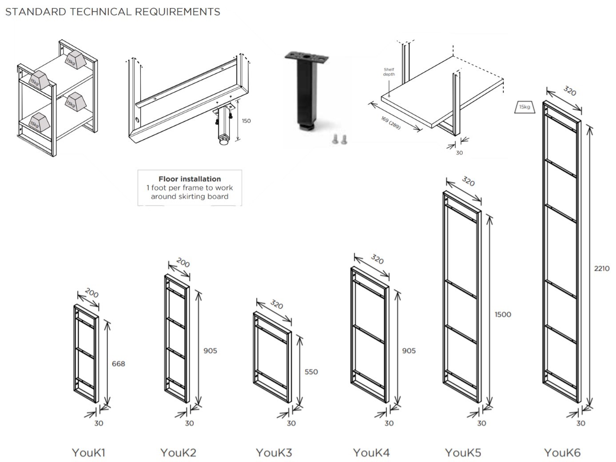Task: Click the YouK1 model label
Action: (88, 453)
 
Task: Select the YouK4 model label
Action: (371, 453)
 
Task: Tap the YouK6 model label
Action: (562, 453)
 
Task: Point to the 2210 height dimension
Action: (602, 268)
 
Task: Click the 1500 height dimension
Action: (503, 315)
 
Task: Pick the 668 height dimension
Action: (118, 364)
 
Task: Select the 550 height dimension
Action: (311, 372)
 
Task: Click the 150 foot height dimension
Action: (246, 121)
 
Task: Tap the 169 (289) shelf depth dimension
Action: (390, 123)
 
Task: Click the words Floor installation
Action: (190, 179)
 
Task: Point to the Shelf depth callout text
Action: (389, 72)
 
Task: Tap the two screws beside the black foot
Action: (340, 139)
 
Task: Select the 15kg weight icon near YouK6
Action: (524, 107)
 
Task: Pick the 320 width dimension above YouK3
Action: (276, 305)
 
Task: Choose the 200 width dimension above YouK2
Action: (183, 263)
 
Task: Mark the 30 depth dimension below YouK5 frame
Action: (481, 423)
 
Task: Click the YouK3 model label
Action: (274, 453)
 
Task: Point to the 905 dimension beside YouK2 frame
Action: (210, 351)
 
